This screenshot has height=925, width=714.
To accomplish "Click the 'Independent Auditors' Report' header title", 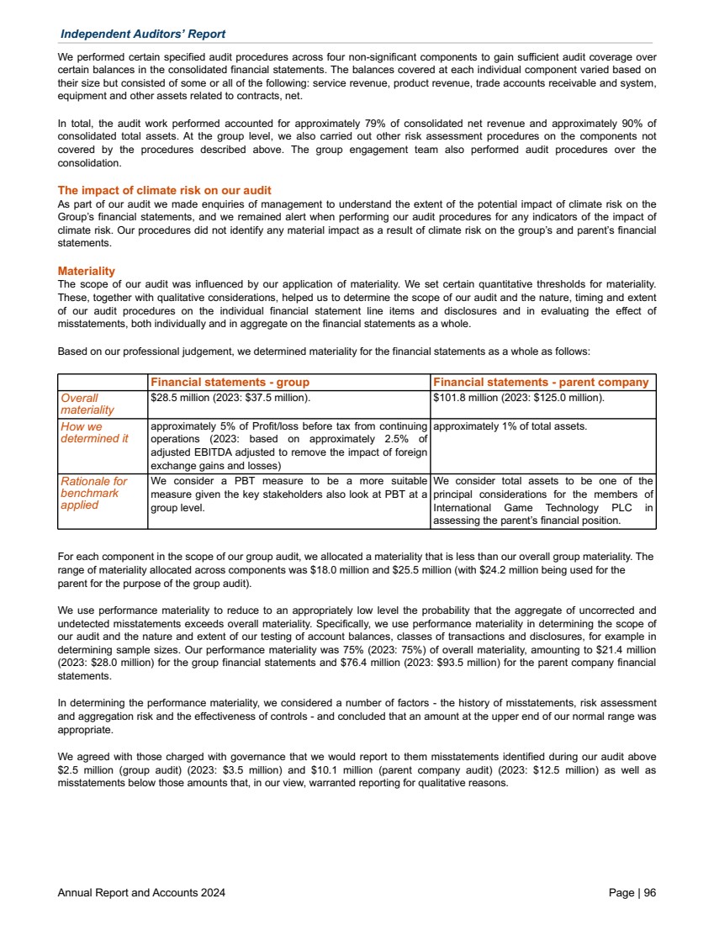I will coord(142,34).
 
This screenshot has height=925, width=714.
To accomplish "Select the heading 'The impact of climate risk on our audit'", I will coord(164,191).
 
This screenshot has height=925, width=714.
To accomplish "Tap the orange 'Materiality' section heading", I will coord(86,272).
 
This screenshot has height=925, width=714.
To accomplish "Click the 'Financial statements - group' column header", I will coord(230,382).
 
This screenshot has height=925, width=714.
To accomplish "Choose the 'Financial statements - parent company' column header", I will coord(541,382).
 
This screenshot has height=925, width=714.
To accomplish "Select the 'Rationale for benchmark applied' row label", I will coord(93,493).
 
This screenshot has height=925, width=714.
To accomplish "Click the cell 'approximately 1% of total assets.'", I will coord(509,426).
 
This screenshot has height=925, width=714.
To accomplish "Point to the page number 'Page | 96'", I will coord(632,893).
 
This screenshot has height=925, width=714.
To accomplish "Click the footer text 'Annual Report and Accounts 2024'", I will coord(141,893).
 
